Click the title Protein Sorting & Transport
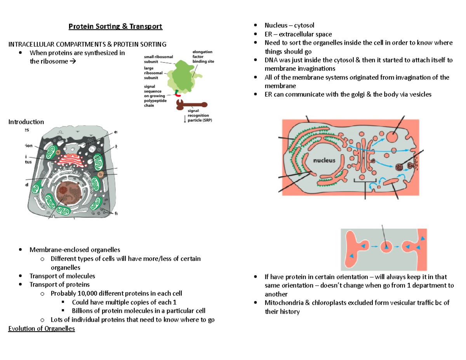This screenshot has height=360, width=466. [x=115, y=26]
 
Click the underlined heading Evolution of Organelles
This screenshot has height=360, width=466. [x=42, y=329]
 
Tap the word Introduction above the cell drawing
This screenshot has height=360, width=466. [x=26, y=122]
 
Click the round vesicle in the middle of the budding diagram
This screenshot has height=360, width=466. [x=386, y=246]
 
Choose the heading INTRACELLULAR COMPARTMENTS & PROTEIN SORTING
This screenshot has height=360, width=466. [x=87, y=44]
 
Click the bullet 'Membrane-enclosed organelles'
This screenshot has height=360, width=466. [x=75, y=249]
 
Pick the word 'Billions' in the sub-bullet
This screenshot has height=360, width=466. [x=83, y=311]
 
